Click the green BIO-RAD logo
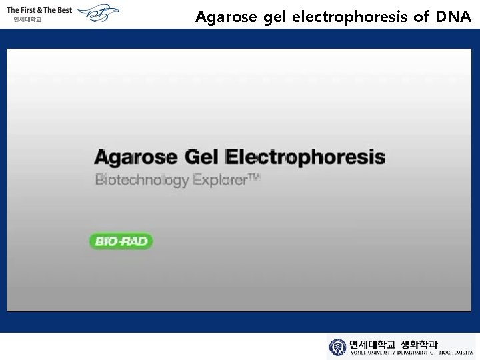pyautogui.click(x=121, y=241)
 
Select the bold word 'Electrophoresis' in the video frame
pyautogui.click(x=306, y=157)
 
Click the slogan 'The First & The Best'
pyautogui.click(x=39, y=10)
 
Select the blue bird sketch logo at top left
pyautogui.click(x=97, y=13)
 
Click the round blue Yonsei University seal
pyautogui.click(x=337, y=347)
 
